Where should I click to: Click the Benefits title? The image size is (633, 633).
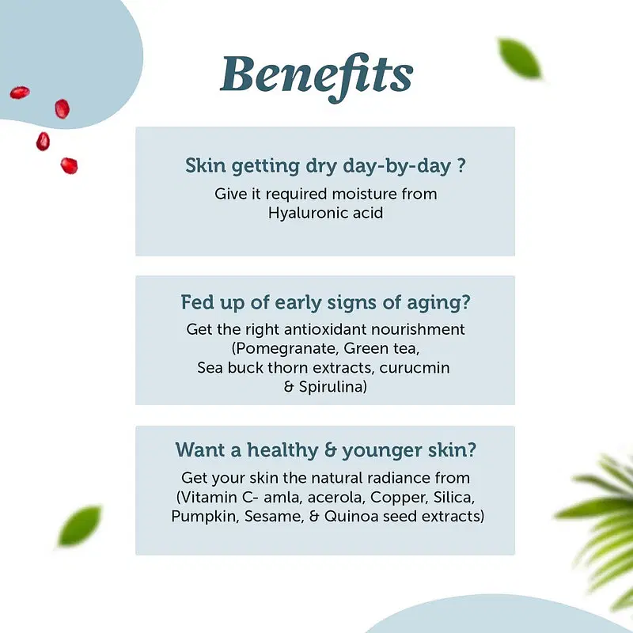coord(317,77)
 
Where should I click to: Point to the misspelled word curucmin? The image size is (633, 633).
coord(415,368)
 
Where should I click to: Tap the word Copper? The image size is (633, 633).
coord(399,498)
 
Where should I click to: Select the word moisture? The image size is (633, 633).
coord(365,194)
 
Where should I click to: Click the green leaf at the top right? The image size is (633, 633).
coord(519,58)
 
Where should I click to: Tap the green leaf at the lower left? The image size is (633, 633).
coord(80,526)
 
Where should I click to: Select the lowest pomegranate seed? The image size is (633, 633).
coord(69,166)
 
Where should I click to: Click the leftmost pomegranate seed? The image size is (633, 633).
coord(20,93)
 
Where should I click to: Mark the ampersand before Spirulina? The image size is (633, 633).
coord(289,387)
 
